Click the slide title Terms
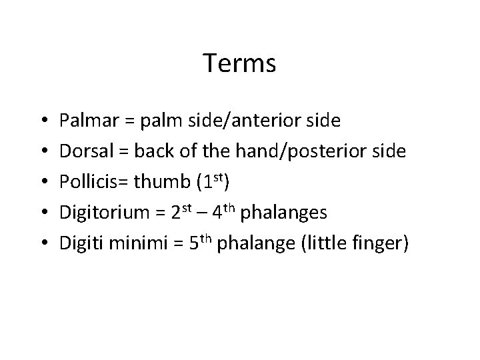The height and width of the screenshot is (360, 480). coord(239,64)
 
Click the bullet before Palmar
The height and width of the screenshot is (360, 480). coord(42,121)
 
